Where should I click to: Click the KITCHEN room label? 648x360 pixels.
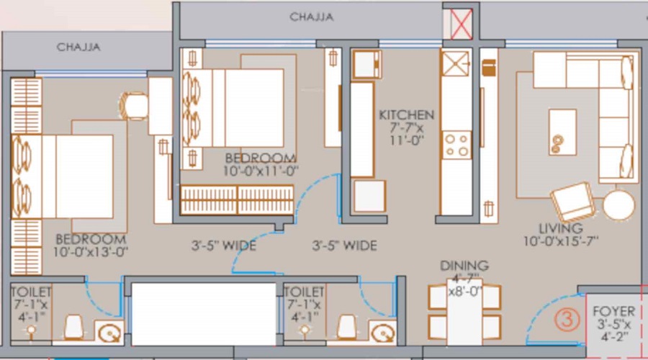407,115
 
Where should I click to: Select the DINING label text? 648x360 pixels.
464,266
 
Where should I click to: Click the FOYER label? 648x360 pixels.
613,312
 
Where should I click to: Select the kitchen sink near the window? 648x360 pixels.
455,64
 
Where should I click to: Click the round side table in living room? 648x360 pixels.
618,205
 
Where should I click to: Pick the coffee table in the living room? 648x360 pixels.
562,132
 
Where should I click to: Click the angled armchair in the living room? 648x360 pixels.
572,201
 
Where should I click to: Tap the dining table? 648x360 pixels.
464,310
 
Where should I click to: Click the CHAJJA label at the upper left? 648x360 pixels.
78,48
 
